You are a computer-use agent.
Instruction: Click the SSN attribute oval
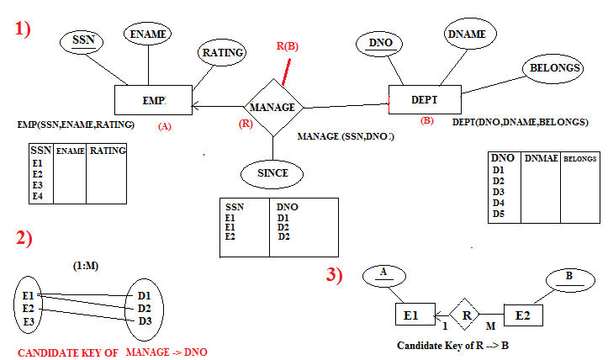coord(83,40)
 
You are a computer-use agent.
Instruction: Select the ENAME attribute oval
coord(148,34)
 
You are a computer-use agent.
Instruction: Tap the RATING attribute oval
coord(223,52)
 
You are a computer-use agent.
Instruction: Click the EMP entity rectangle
coord(153,100)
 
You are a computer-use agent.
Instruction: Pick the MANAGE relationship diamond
coord(272,108)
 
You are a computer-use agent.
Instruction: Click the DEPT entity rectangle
coord(425,99)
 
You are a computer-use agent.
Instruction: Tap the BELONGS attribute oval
coord(552,66)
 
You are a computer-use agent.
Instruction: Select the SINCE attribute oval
coord(272,172)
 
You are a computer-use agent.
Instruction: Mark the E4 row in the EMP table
coord(38,196)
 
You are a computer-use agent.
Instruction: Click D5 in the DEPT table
coord(499,214)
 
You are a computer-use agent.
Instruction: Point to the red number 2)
coord(24,238)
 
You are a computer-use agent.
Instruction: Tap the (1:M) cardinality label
coord(88,267)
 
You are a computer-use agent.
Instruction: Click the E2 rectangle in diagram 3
coord(523,315)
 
